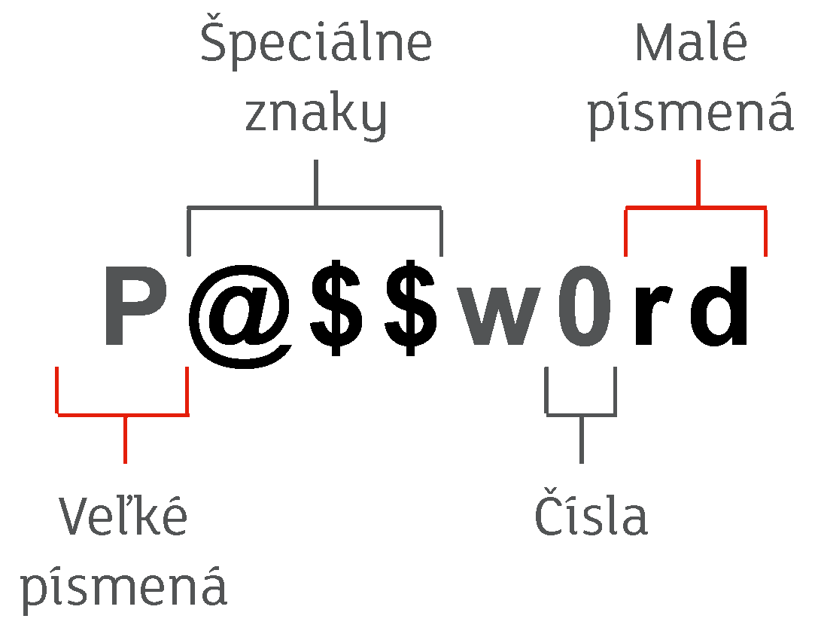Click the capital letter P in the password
(135, 306)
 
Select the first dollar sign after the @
(336, 307)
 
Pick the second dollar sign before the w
(411, 307)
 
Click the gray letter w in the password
(499, 316)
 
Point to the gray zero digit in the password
(584, 306)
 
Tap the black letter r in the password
(652, 315)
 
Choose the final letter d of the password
(719, 306)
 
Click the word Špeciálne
(316, 42)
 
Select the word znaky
(316, 116)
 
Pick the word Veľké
(123, 515)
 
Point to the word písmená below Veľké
(124, 589)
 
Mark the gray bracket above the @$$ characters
(315, 208)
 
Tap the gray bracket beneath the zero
(581, 415)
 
